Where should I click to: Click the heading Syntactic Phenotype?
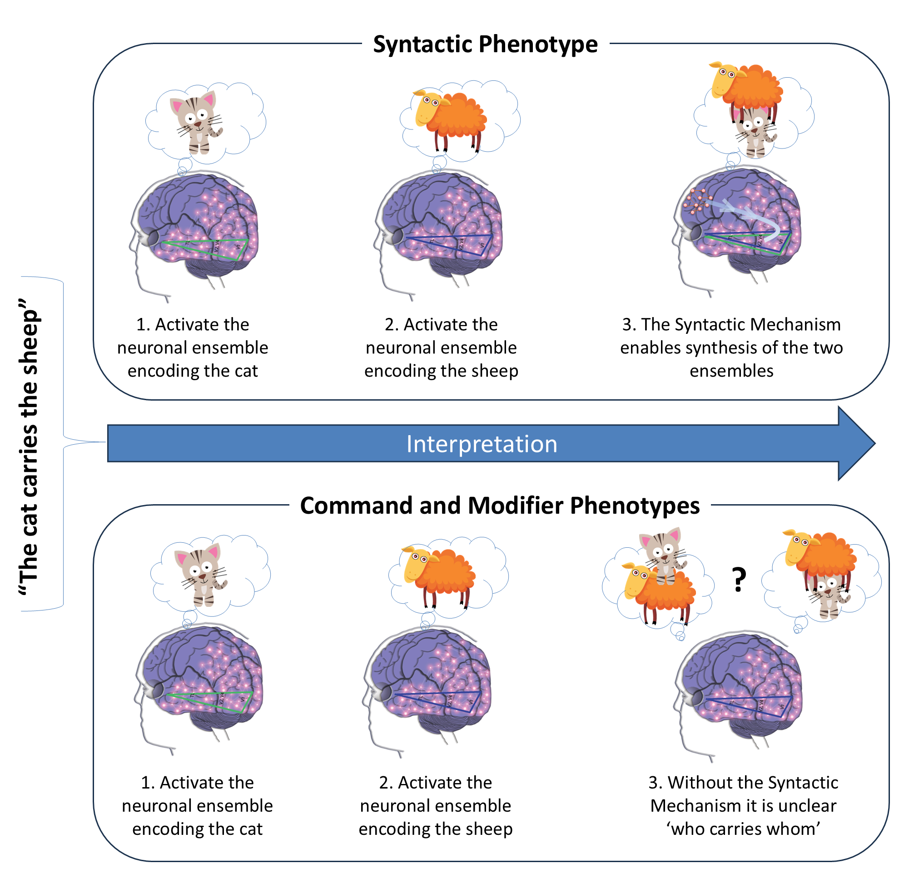pyautogui.click(x=485, y=45)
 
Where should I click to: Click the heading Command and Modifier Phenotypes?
pyautogui.click(x=500, y=506)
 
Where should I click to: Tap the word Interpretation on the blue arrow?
pyautogui.click(x=482, y=444)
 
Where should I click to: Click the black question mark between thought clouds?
pyautogui.click(x=739, y=580)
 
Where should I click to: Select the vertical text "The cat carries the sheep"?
pyautogui.click(x=29, y=446)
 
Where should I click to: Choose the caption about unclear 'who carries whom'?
pyautogui.click(x=743, y=806)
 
